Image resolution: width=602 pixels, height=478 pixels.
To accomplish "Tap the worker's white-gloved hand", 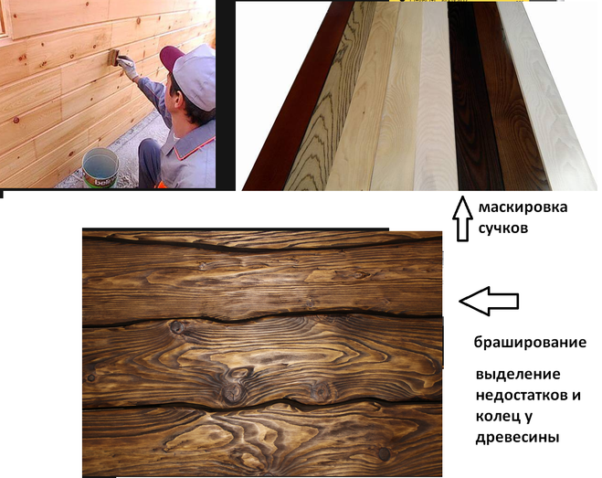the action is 128,66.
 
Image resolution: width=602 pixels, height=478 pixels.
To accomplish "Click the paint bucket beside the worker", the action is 100,168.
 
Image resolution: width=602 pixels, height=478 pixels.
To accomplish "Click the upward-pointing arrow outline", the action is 462,218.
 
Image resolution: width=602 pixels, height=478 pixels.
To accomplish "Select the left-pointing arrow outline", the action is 489,301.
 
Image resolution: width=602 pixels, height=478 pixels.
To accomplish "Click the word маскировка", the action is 523,207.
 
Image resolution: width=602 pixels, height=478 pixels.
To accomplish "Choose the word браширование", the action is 530,342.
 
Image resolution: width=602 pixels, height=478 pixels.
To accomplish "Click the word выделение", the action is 518,374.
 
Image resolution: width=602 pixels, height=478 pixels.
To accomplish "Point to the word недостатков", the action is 519,396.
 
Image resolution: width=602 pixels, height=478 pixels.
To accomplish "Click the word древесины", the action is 517,438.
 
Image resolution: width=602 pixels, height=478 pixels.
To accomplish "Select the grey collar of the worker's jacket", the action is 189,136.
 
